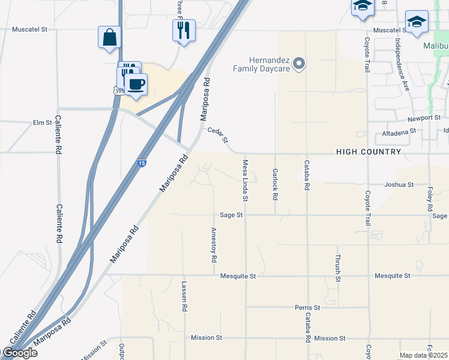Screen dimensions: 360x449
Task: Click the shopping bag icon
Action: coord(110,37)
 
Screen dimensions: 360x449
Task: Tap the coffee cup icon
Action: coord(136,84)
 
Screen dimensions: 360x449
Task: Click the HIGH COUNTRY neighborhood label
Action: coord(369,152)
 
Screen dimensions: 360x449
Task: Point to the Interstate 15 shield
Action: coord(141,163)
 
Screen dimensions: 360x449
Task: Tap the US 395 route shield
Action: coord(120,91)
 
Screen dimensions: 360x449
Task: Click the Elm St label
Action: coord(43,122)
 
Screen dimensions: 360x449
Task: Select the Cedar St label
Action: coord(218,135)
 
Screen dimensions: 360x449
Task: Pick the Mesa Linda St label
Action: coord(246,180)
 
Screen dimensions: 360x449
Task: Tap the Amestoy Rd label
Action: coord(214,245)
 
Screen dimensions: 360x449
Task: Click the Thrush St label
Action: coord(339,268)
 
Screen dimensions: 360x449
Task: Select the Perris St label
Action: coord(307,307)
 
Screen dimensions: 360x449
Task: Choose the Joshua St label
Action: coord(399,185)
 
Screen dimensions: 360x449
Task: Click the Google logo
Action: coord(19,353)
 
